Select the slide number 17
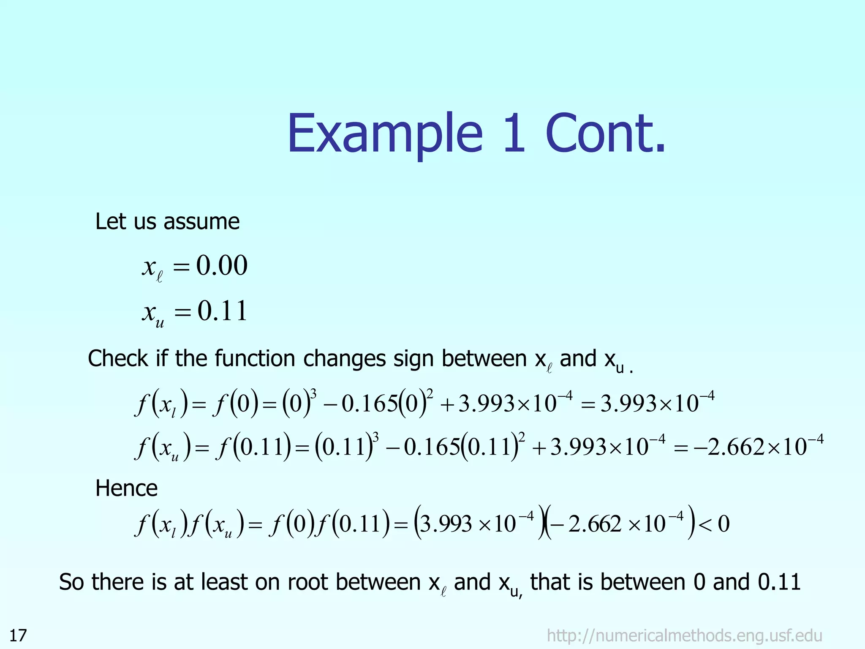tap(18, 635)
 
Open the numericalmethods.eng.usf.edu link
tap(684, 635)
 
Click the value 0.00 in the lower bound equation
tap(222, 266)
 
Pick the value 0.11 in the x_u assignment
tap(222, 311)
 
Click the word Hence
tap(126, 488)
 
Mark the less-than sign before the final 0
tap(705, 524)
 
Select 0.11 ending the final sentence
tap(779, 582)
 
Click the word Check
tap(118, 359)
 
